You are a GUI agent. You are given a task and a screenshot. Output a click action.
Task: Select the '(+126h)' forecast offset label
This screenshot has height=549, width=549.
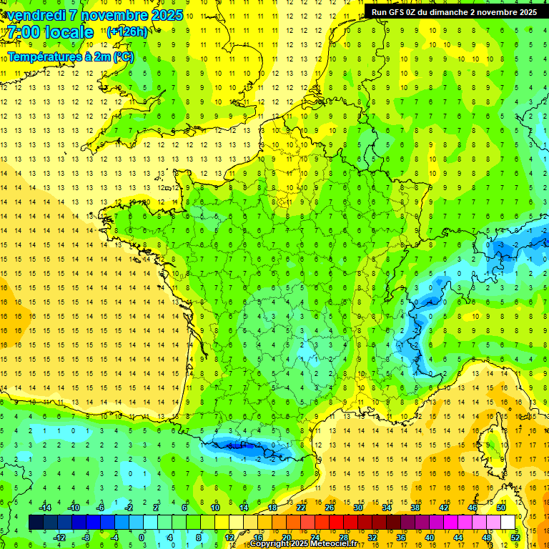point(127,31)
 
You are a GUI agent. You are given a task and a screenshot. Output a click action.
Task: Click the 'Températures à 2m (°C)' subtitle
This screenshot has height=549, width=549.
point(71,56)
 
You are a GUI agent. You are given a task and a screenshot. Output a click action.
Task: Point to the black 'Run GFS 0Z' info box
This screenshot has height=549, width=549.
point(454,11)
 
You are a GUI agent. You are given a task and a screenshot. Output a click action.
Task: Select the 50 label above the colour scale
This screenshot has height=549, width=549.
point(500,507)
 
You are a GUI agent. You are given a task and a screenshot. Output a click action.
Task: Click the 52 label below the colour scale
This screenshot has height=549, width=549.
point(515,537)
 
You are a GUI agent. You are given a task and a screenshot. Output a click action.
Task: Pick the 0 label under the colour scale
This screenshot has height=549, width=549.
point(142,537)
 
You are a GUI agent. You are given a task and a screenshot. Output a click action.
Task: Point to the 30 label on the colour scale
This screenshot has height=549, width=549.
point(357,507)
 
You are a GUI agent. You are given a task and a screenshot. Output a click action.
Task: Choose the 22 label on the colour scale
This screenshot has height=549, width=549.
point(301,507)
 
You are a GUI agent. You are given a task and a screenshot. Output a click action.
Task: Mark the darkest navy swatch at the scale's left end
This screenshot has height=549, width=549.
point(36,522)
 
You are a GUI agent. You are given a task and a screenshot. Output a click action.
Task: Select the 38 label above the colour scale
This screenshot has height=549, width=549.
point(415,507)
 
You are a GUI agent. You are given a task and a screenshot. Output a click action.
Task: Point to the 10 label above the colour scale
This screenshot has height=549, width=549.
point(214,507)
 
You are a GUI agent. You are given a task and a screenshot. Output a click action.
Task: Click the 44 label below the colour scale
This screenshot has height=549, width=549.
point(458,537)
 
